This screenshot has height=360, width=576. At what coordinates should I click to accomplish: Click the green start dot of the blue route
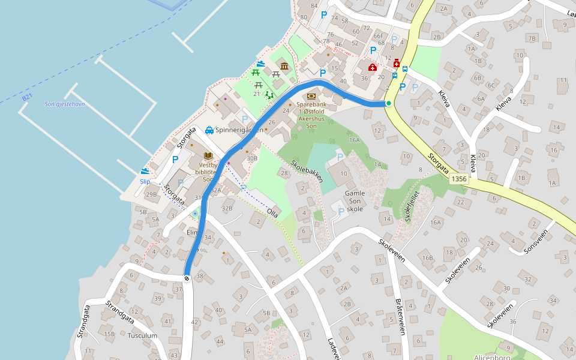point(389,103)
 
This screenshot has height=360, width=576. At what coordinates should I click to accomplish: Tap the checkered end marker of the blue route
point(187,278)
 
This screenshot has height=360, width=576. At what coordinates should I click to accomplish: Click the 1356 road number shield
point(458,179)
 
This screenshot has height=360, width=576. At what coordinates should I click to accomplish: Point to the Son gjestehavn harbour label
point(65,104)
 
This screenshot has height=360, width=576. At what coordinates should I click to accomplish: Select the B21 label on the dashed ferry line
point(27,97)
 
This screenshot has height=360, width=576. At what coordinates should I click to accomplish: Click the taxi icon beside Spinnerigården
point(209,130)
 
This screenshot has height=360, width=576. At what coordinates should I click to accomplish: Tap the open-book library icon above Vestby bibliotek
point(208,155)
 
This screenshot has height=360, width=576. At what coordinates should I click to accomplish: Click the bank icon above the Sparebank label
point(311,95)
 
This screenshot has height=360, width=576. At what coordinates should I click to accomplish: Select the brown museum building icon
point(284,66)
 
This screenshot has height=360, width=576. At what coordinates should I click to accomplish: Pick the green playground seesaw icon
point(270,94)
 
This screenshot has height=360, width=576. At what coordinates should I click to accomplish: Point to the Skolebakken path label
point(307,171)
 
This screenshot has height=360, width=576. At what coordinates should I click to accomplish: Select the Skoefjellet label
point(415,204)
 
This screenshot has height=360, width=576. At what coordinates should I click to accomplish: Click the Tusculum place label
point(142,335)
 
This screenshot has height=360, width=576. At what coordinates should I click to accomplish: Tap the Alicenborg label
point(492,357)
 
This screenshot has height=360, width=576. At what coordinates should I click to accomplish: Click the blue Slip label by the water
point(145,181)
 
